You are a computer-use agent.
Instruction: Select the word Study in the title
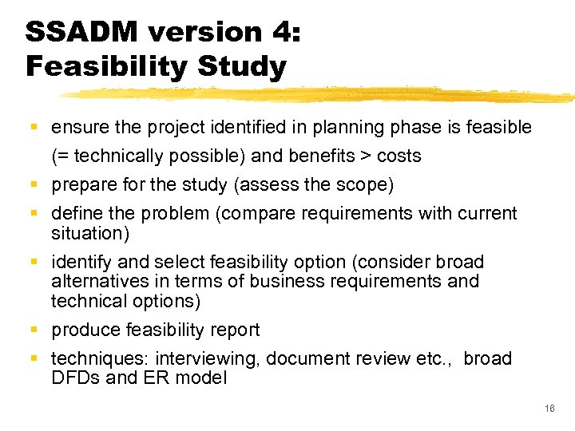point(240,67)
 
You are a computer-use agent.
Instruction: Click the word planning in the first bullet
point(341,127)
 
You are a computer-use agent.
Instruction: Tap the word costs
point(399,156)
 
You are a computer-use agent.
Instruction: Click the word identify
point(79,262)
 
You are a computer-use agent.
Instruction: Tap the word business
point(284,281)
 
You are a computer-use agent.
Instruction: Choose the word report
point(232,330)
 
